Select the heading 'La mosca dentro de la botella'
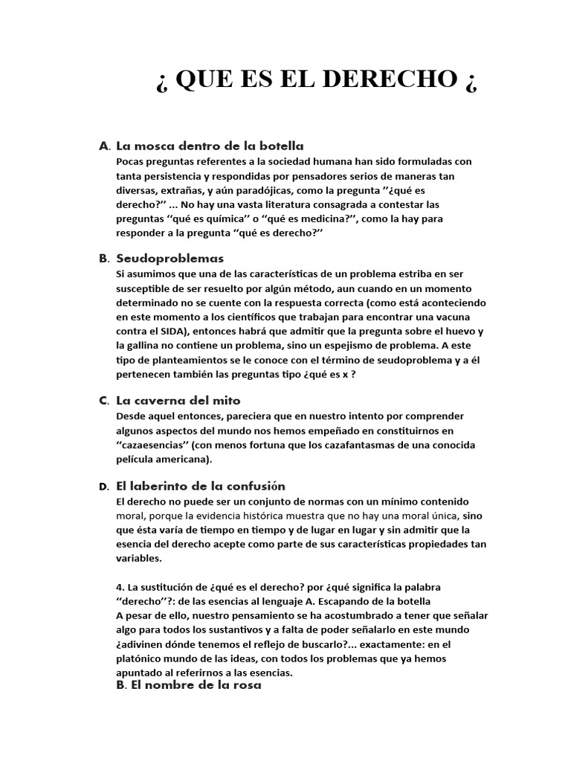coord(210,146)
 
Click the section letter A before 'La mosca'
coord(103,146)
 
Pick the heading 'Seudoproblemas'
coord(170,259)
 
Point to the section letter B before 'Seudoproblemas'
coord(103,259)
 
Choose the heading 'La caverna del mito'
coord(178,401)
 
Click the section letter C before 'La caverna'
coord(103,401)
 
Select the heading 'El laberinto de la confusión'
coord(201,486)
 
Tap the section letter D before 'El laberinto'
coord(103,487)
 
